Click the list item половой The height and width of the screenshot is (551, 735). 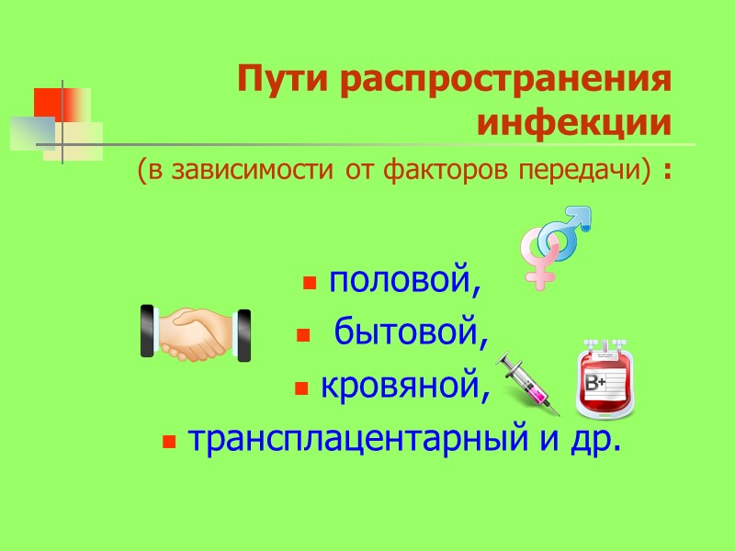[405, 282]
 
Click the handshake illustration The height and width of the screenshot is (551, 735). [196, 332]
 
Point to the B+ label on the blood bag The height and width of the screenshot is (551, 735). [596, 380]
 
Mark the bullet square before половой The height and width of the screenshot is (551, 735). [310, 283]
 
